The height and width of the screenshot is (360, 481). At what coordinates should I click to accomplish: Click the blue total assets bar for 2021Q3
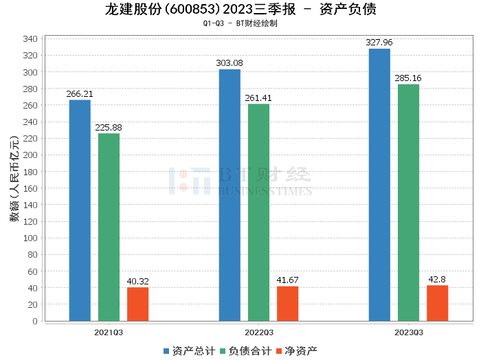coord(80,210)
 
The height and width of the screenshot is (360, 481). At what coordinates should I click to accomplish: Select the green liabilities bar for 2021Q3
coord(109,227)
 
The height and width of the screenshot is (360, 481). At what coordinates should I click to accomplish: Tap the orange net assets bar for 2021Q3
coord(137,304)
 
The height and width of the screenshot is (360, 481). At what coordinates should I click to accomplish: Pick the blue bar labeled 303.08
coord(230,195)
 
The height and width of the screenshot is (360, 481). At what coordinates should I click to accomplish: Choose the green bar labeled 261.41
coord(258,212)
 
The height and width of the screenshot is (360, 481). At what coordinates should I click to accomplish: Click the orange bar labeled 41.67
coord(287,303)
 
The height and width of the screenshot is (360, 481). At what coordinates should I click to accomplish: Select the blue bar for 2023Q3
coord(379,185)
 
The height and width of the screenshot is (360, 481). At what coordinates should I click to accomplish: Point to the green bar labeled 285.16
coord(408,203)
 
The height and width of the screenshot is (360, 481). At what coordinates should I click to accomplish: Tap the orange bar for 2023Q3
coord(437,303)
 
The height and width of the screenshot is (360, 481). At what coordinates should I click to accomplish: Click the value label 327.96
coord(379,43)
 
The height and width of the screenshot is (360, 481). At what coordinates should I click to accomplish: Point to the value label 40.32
coord(137,281)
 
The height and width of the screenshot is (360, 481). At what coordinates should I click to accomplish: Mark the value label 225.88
coord(109,127)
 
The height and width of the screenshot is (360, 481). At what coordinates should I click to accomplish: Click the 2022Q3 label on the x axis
coord(258,333)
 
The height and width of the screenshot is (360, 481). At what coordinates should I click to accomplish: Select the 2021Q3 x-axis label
coord(109,333)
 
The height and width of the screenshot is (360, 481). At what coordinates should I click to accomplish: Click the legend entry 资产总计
coord(187,351)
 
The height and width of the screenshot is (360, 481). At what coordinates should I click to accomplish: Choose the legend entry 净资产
coord(297,351)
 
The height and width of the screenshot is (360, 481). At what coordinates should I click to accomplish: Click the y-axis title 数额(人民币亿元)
coord(14,180)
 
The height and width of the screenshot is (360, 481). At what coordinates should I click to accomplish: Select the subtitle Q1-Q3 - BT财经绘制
coord(240,24)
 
